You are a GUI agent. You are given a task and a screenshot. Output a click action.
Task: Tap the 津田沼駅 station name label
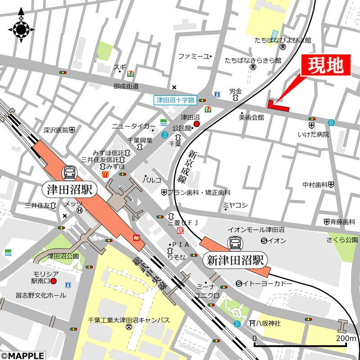[x=70, y=189]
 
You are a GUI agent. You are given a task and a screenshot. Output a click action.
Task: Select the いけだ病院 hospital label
[x=314, y=135]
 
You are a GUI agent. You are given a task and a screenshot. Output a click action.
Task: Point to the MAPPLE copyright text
[x=22, y=355]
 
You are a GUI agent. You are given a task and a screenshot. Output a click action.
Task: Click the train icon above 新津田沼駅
[x=235, y=243]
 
